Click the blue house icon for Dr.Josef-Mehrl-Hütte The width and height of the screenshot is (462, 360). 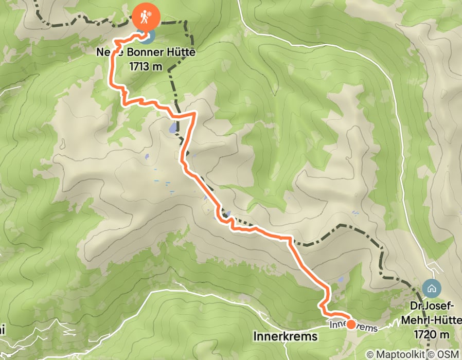[431, 288]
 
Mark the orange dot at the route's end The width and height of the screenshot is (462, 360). [351, 324]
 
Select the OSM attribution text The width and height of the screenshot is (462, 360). [448, 354]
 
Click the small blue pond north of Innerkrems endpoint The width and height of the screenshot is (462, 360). [340, 281]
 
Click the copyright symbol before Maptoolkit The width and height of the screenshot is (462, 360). [370, 354]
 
